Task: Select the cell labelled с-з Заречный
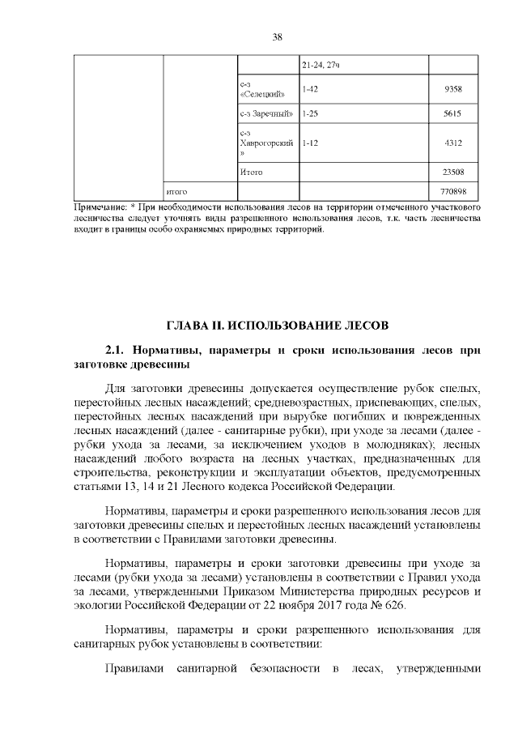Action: (265, 114)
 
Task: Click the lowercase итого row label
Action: (176, 192)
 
